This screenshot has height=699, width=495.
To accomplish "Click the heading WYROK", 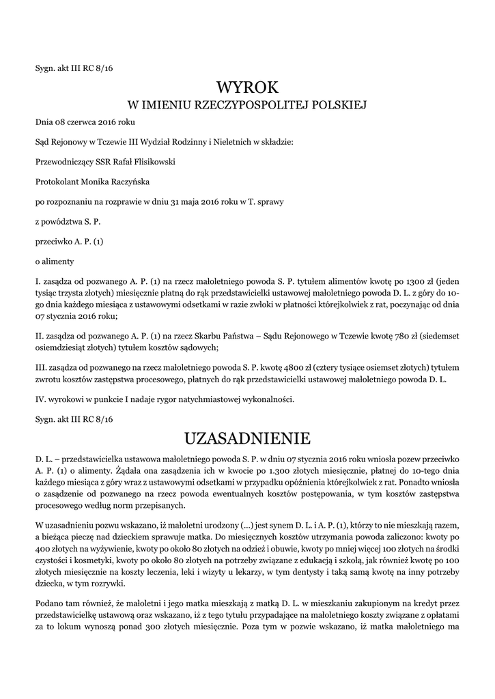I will click(248, 87).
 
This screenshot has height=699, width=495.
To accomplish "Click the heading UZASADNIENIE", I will click(247, 437).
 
